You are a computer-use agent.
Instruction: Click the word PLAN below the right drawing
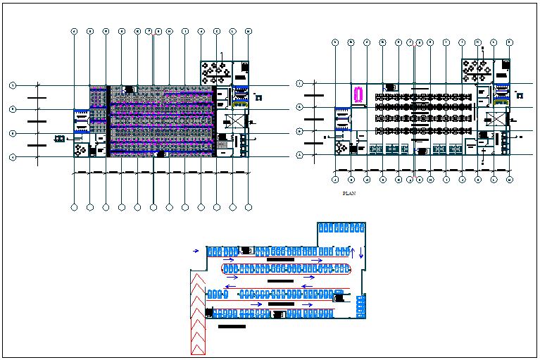coord(346,192)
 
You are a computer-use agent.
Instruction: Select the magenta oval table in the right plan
coord(358,94)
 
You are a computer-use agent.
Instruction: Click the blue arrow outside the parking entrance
coord(196,250)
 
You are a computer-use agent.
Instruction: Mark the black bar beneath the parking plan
coord(232,327)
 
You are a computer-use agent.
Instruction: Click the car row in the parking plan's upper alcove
coord(342,228)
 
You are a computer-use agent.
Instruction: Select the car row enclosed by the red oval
coord(286,268)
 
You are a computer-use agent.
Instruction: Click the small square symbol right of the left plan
coord(256,95)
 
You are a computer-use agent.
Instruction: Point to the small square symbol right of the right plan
coord(520,94)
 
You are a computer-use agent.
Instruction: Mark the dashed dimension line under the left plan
coord(162,172)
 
